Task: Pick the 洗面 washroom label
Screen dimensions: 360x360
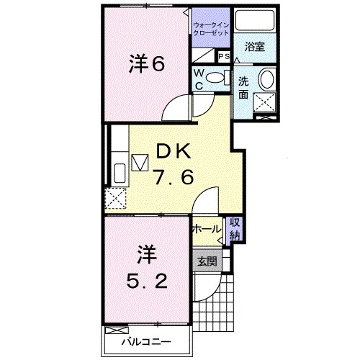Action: [244, 88]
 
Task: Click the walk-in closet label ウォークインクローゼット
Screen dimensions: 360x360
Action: [211, 30]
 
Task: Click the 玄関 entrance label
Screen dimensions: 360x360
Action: [207, 261]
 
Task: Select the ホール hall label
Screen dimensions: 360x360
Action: [206, 229]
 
